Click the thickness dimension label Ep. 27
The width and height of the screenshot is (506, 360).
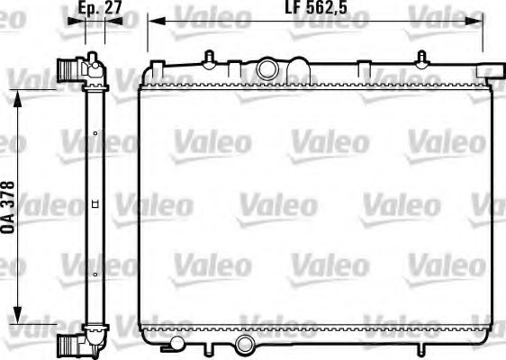point(100,7)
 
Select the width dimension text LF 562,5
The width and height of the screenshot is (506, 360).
point(316,7)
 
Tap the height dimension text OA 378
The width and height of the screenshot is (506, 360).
point(9,207)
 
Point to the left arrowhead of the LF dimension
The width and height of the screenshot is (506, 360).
point(157,22)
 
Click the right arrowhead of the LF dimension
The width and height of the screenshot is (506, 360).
point(474,22)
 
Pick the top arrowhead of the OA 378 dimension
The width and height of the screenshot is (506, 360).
point(17,98)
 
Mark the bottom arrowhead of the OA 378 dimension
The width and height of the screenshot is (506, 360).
point(17,315)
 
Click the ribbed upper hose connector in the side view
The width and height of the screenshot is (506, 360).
point(66,70)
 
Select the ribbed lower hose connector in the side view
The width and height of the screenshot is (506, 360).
point(67,344)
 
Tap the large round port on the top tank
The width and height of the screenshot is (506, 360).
point(267,68)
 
